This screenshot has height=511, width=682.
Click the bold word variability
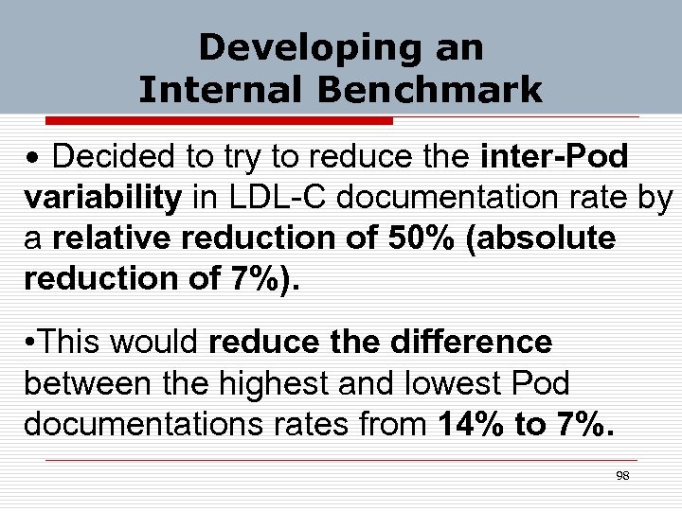(102, 198)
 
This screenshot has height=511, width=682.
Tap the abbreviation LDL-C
(275, 198)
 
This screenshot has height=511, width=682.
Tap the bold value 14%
(470, 425)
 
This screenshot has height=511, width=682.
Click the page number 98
(622, 476)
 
